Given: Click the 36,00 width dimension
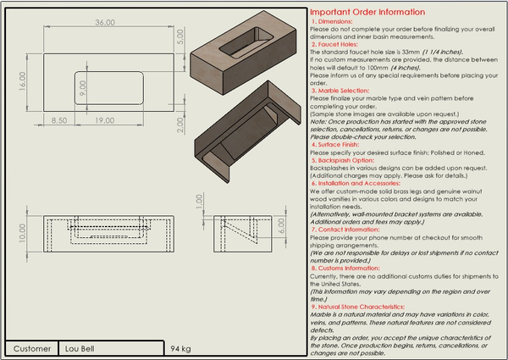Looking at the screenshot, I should pyautogui.click(x=81, y=22).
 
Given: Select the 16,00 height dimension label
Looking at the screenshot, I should pyautogui.click(x=22, y=80).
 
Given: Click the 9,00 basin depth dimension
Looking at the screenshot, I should pyautogui.click(x=82, y=86).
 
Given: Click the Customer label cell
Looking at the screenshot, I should pyautogui.click(x=32, y=348).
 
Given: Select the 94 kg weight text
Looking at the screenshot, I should pyautogui.click(x=180, y=348).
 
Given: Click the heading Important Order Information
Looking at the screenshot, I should pyautogui.click(x=367, y=12).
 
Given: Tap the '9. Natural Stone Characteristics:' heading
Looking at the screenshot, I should pyautogui.click(x=361, y=306).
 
